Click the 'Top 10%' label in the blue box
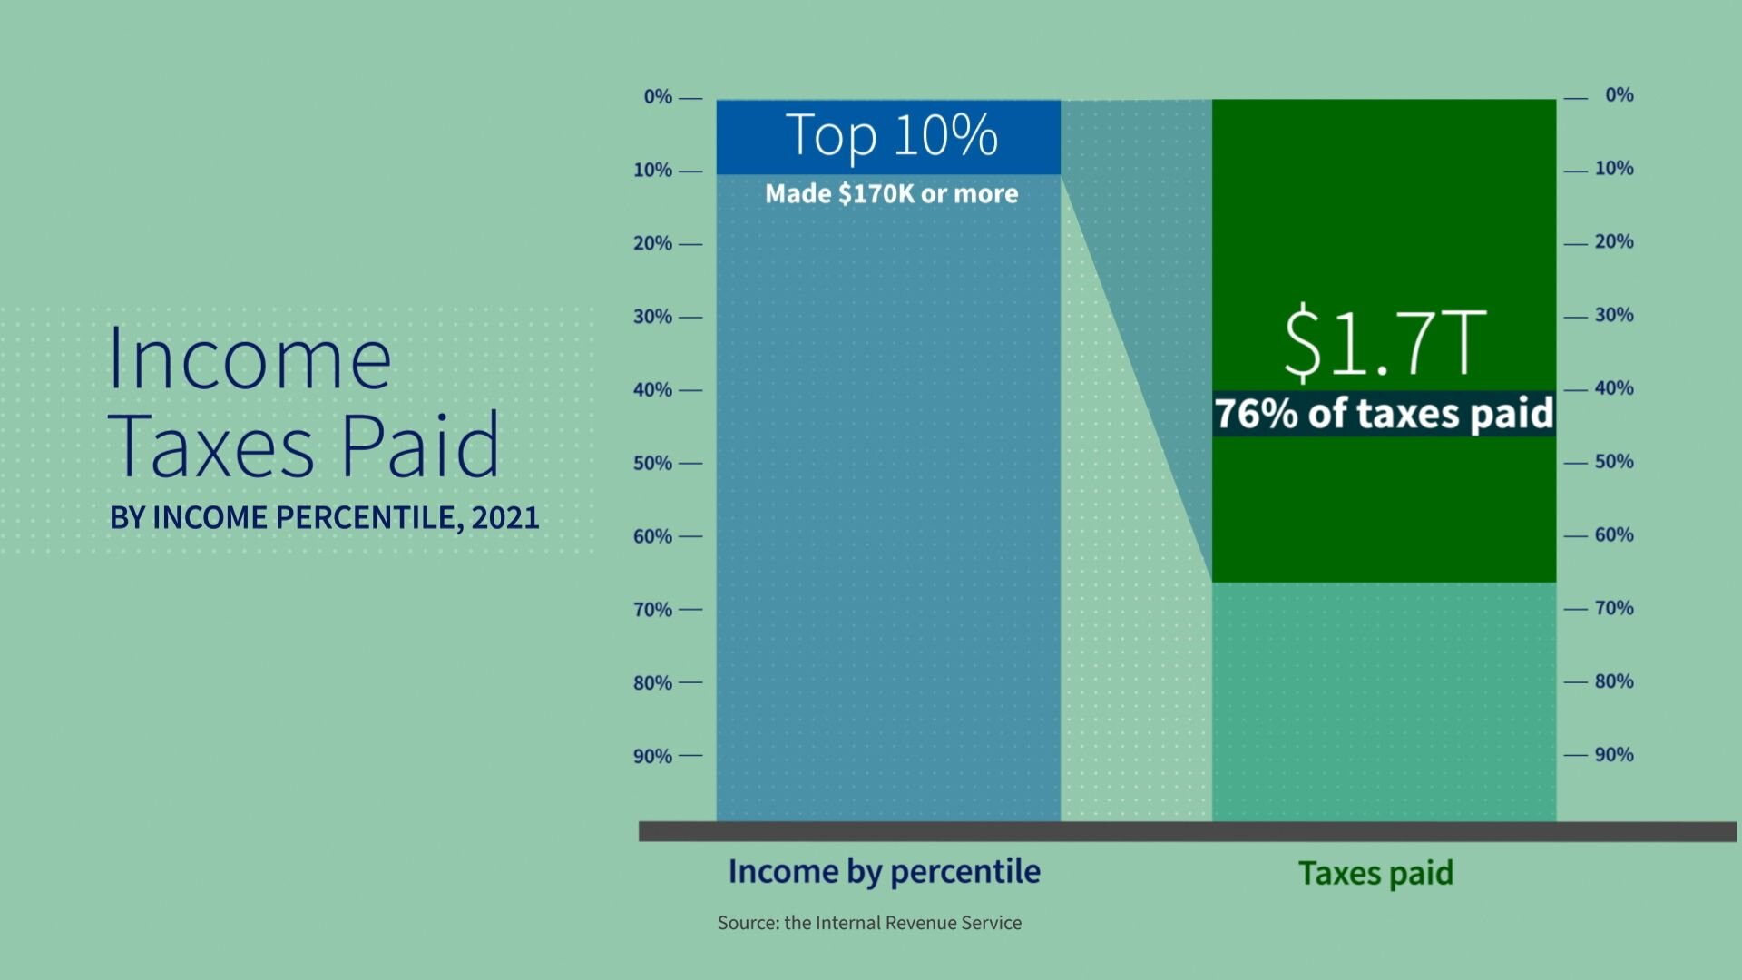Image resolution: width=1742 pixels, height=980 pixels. tap(891, 136)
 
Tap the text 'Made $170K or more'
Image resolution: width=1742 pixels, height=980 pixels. tap(891, 193)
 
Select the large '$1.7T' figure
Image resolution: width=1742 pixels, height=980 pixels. tap(1385, 343)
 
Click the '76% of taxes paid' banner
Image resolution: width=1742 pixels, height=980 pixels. tap(1384, 414)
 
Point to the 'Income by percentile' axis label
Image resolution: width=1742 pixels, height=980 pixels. tap(884, 871)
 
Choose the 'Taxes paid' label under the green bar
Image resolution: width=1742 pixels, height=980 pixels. tap(1375, 873)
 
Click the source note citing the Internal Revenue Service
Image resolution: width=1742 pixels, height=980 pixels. tap(869, 923)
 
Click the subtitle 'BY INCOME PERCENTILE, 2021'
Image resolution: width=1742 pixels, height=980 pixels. tap(324, 517)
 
